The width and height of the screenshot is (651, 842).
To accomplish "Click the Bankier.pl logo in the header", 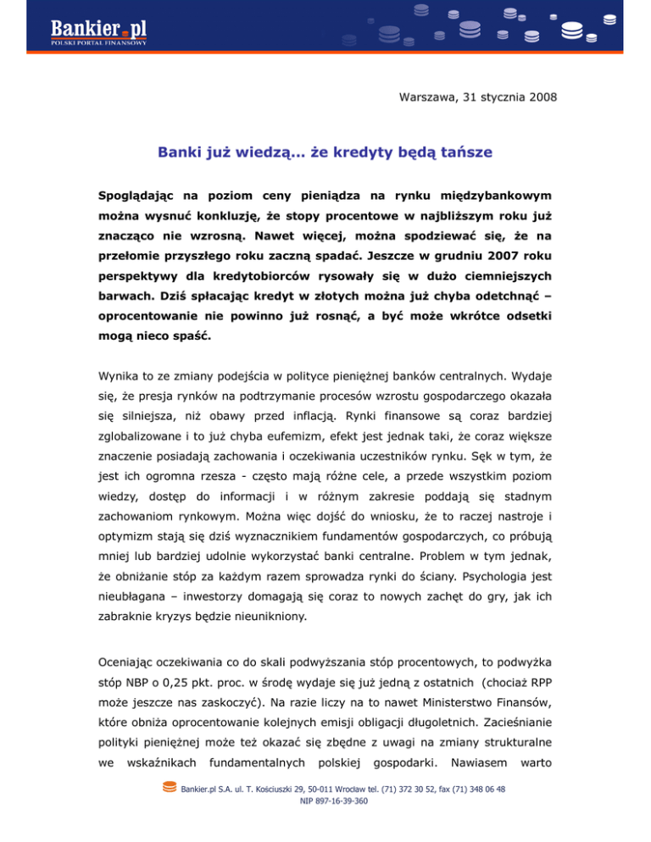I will tap(98, 30).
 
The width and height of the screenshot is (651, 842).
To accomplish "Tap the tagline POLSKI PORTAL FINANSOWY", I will tap(98, 45).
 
